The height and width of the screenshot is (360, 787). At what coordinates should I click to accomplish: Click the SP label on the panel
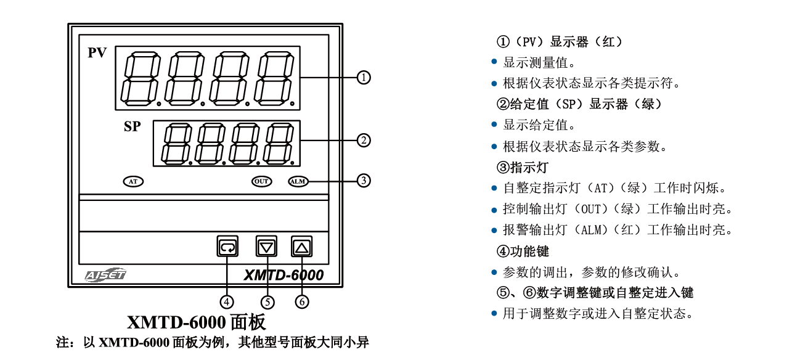tap(131, 128)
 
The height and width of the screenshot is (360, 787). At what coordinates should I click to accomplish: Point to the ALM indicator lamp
tap(297, 181)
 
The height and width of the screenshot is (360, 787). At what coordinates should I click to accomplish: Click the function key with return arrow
tap(227, 247)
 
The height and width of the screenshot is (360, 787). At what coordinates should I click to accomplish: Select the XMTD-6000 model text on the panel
tap(283, 275)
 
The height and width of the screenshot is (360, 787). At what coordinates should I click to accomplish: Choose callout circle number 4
tap(227, 301)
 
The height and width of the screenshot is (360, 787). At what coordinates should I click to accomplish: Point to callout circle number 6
tap(301, 301)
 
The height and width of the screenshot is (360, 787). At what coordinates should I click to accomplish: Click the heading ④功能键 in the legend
tap(522, 252)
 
